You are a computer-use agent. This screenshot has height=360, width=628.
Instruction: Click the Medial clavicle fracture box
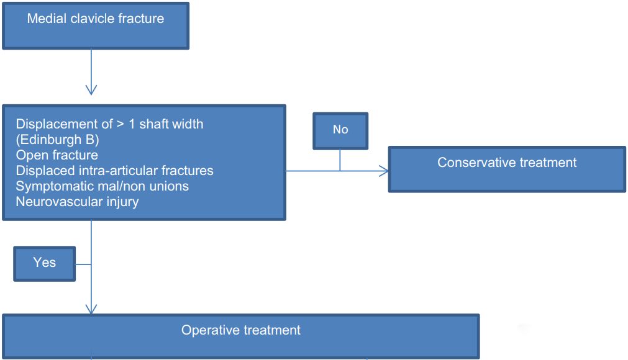click(96, 26)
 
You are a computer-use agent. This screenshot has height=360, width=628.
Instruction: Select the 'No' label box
click(340, 131)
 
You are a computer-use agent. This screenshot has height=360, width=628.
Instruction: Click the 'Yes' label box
click(45, 264)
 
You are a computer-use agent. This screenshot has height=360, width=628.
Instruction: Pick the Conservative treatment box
click(507, 169)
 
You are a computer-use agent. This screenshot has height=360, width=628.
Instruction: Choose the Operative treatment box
click(241, 336)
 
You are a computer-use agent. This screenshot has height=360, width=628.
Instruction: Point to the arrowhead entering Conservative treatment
click(384, 171)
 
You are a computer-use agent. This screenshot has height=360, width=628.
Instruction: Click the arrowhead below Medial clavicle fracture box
click(91, 89)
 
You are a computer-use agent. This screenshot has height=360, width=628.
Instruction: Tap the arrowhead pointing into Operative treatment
click(91, 308)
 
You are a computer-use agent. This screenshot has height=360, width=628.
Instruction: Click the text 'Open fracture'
click(57, 155)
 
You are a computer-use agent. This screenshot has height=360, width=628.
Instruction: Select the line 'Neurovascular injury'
click(77, 202)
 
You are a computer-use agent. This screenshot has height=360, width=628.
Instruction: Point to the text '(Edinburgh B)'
click(57, 140)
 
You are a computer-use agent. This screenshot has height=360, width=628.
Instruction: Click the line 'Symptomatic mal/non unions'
click(102, 186)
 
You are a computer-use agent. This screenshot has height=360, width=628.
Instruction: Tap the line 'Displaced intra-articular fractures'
click(114, 171)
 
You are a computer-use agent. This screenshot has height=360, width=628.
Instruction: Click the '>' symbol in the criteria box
click(120, 124)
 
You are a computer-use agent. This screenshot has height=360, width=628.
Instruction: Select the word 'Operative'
click(211, 330)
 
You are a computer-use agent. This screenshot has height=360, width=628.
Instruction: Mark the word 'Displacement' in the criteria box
click(64, 124)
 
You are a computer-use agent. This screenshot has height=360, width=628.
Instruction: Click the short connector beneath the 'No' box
click(340, 160)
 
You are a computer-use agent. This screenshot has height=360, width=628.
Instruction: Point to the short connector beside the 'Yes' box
click(83, 264)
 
